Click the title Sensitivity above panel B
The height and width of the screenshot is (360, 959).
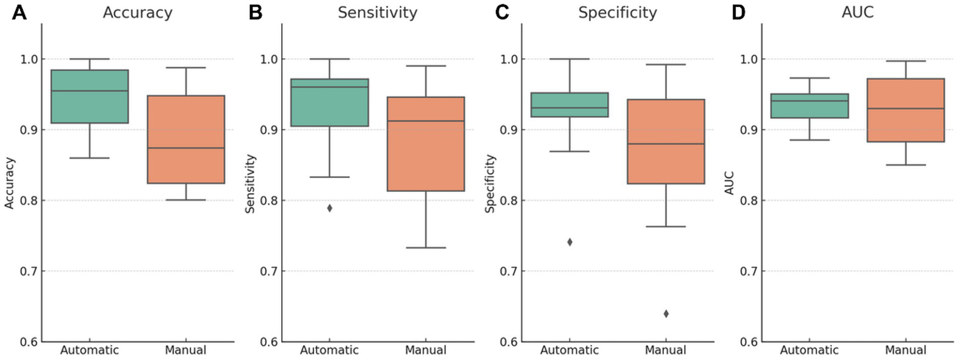(x=377, y=13)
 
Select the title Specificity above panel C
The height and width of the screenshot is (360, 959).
(x=617, y=13)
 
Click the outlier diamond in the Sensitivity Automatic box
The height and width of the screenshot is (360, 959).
(x=330, y=208)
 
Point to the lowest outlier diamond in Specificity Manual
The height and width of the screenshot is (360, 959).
(x=666, y=314)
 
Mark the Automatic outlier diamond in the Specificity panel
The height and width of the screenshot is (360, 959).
(x=570, y=242)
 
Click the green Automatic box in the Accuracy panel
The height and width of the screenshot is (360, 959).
(x=89, y=97)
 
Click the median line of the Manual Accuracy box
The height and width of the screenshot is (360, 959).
(x=186, y=148)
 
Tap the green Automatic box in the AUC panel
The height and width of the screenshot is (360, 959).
(x=810, y=106)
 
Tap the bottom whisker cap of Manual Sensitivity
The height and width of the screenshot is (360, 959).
(x=425, y=247)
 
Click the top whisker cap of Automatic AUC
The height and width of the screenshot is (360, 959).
(x=810, y=78)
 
